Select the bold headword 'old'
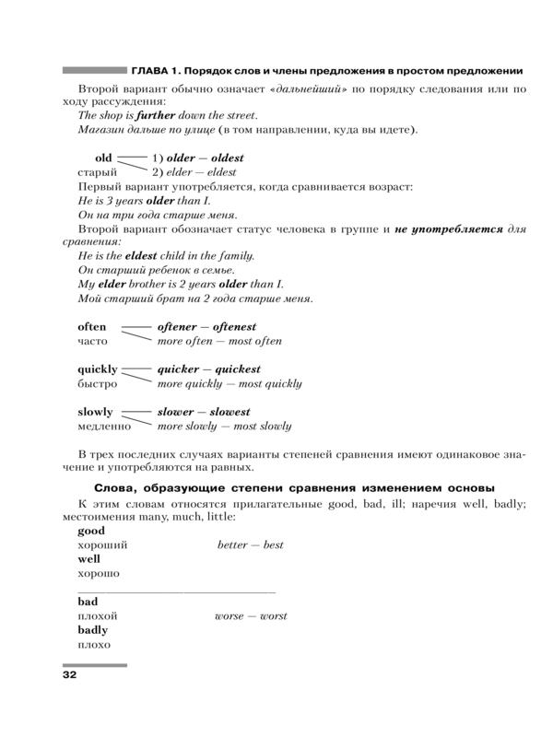tap(103, 158)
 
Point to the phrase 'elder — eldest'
tap(201, 172)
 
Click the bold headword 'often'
tap(92, 327)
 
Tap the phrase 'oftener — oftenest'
tap(206, 327)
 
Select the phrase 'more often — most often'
tap(219, 341)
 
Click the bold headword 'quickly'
tap(97, 369)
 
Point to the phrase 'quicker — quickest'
tap(209, 369)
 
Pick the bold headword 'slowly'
tap(95, 412)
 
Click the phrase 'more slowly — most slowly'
tap(224, 427)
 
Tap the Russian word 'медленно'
tap(104, 427)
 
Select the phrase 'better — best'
tap(251, 545)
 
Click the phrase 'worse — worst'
tap(251, 615)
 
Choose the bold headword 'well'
tap(89, 559)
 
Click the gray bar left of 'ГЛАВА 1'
tap(95, 70)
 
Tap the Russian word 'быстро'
tap(98, 384)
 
